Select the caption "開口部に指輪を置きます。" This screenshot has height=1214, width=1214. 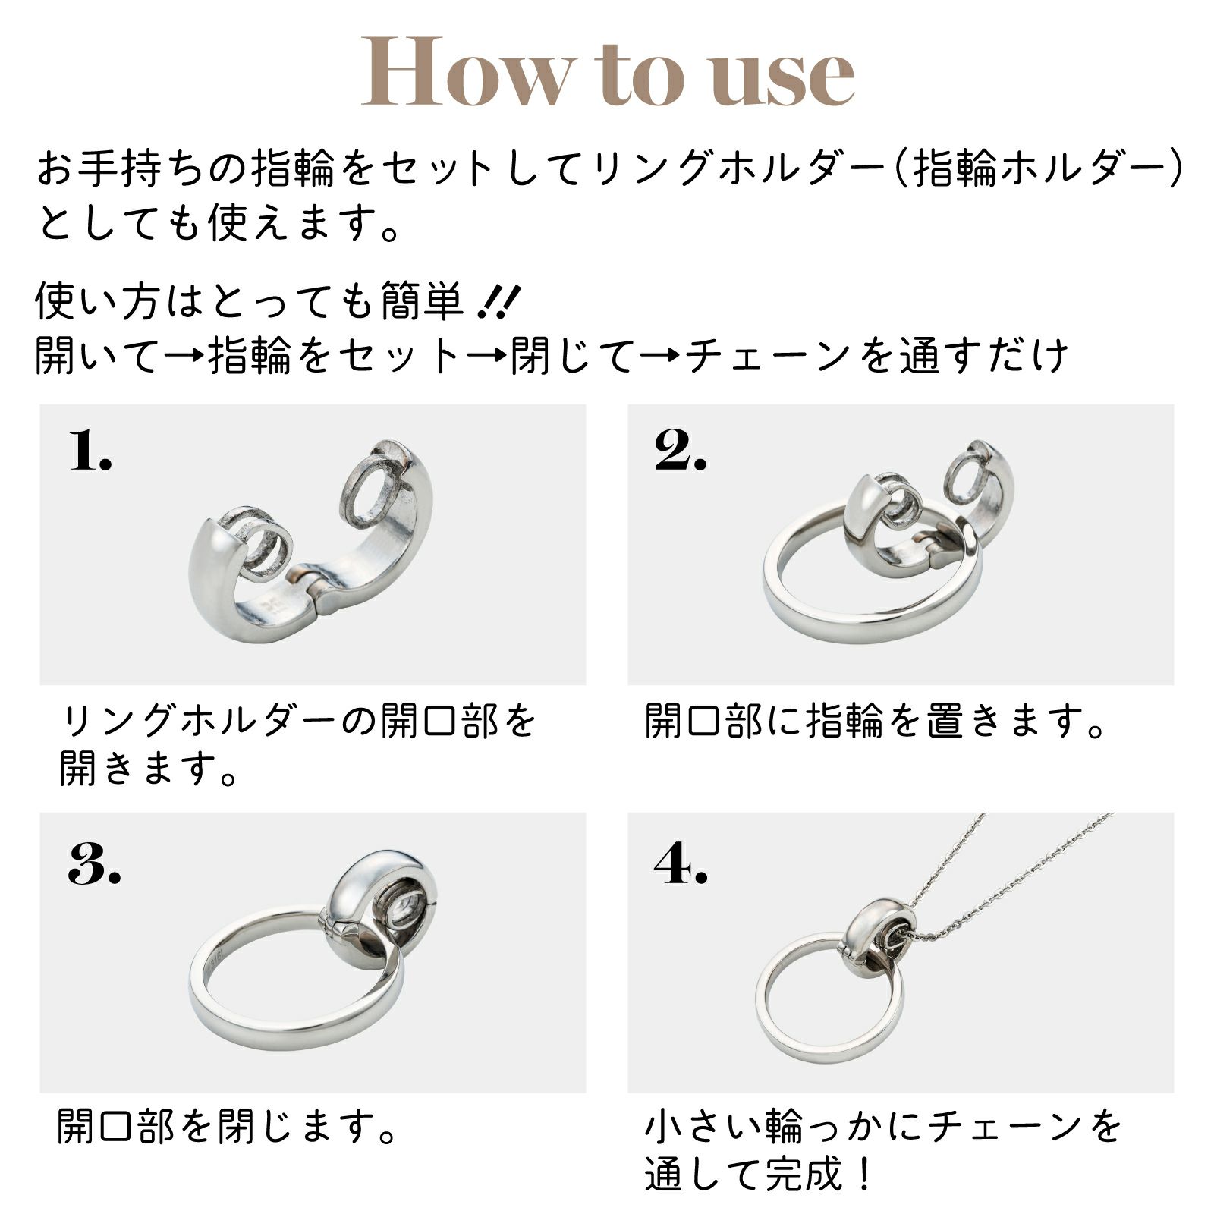coord(876,721)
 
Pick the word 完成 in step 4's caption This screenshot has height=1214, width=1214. coord(800,1175)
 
